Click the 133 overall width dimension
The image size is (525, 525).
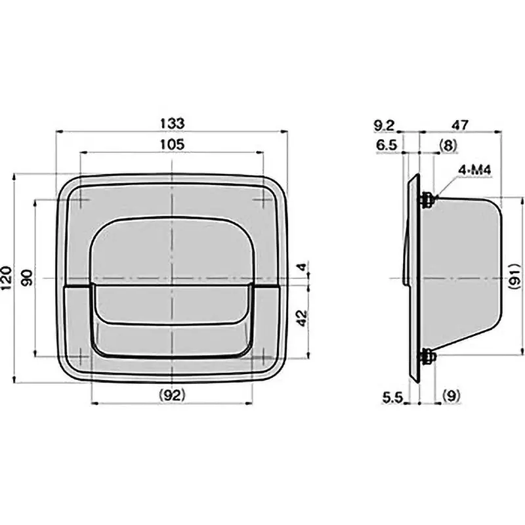click(171, 123)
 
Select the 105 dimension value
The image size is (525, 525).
click(171, 144)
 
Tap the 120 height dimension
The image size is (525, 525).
click(6, 278)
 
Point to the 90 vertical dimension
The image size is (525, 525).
click(27, 278)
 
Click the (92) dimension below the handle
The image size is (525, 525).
click(171, 395)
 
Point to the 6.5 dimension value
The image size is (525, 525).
click(386, 145)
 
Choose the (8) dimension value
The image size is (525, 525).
click(448, 145)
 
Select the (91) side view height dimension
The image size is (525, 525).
click(515, 278)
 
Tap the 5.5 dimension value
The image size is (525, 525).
click(392, 395)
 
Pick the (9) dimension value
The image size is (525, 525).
click(453, 395)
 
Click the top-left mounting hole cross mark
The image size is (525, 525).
click(79, 199)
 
